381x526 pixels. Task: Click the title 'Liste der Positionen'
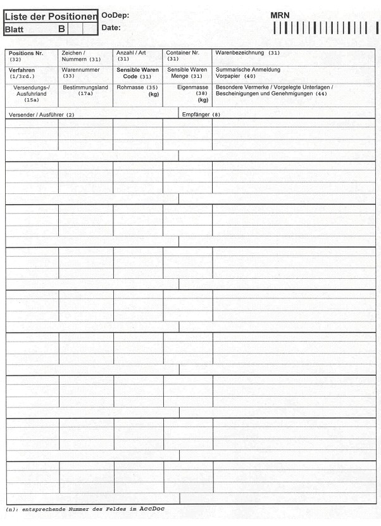(x=51, y=16)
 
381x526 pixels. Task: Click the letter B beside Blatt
(x=61, y=29)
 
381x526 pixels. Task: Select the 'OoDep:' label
(x=115, y=15)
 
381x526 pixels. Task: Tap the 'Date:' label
(x=111, y=28)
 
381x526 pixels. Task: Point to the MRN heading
(x=280, y=15)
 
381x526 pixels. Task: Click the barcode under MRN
(x=325, y=29)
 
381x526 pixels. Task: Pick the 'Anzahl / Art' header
(x=131, y=53)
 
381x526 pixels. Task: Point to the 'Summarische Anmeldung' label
(x=247, y=69)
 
